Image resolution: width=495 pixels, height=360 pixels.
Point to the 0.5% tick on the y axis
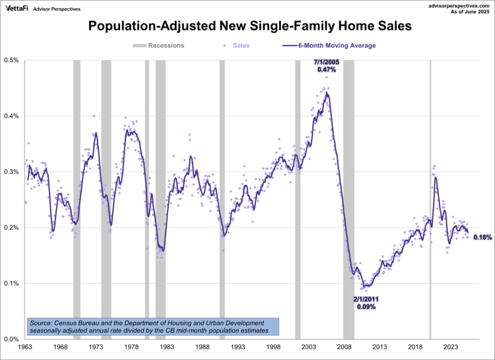click(x=13, y=60)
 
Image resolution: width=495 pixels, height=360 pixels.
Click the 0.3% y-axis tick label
click(x=13, y=172)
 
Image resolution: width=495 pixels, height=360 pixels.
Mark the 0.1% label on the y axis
click(x=13, y=283)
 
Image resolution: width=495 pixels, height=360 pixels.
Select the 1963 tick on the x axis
click(x=25, y=347)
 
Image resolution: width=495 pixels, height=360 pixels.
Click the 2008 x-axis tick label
click(x=343, y=347)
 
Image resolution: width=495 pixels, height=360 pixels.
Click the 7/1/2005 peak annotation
click(x=326, y=65)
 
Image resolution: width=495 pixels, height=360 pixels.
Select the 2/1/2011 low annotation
click(x=366, y=303)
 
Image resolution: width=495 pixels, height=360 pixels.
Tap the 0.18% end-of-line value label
click(x=482, y=237)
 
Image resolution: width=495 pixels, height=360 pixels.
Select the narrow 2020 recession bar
click(x=430, y=198)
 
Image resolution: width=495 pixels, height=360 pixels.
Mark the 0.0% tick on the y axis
click(x=13, y=339)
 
